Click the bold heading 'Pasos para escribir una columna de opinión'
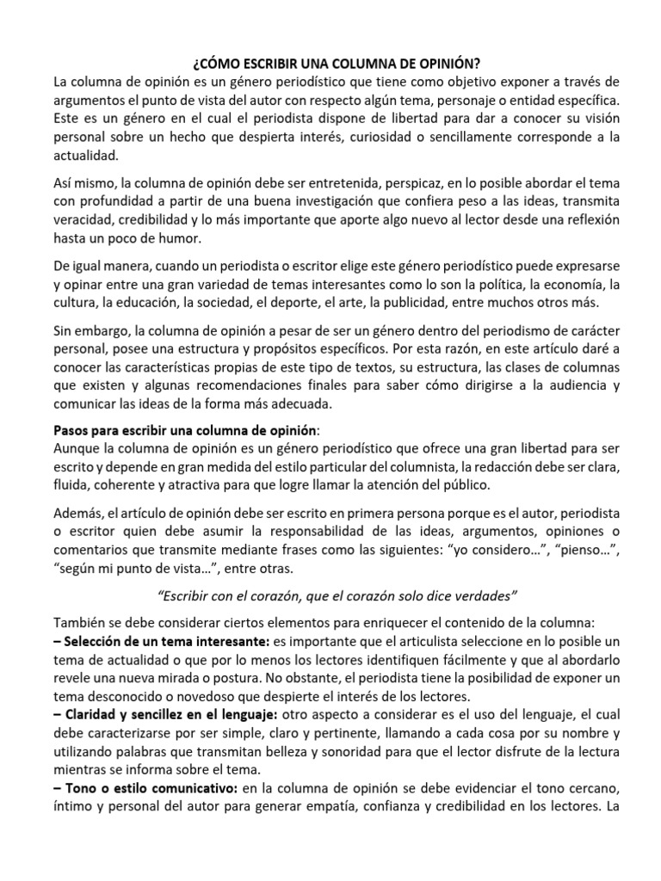[185, 429]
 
